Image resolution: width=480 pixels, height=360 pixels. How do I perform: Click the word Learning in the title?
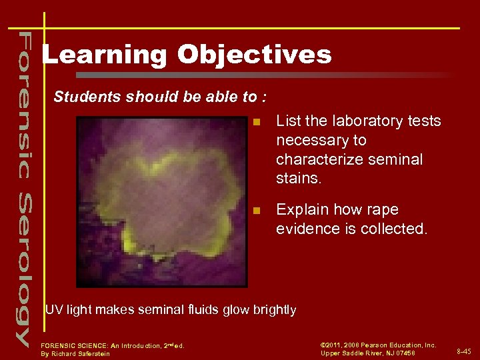click(104, 55)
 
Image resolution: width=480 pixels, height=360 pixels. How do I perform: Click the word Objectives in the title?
click(254, 55)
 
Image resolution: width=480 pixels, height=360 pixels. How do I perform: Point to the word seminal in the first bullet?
click(398, 160)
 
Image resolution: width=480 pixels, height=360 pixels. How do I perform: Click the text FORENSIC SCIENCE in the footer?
click(74, 345)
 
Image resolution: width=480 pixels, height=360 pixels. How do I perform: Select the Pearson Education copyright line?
click(378, 345)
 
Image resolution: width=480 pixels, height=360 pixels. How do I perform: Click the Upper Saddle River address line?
click(368, 353)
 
